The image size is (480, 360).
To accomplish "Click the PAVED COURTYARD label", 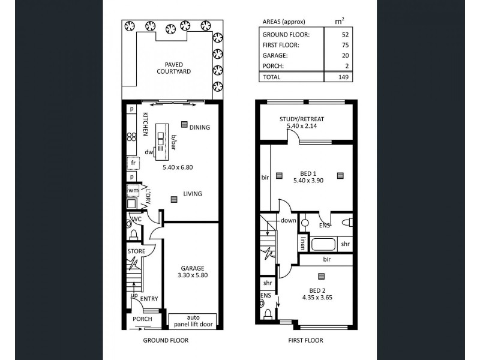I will coord(173,68).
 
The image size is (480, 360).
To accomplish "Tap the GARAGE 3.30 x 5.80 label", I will coord(193,272).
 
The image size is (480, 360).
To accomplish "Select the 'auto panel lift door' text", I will coord(193,320).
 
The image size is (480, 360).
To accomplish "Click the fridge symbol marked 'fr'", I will coord(133,163).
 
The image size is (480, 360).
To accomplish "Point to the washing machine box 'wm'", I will coord(133,191).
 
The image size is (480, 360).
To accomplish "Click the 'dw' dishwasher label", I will coord(148,152).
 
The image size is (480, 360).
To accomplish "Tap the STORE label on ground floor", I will coord(136,251).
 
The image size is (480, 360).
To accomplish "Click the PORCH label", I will coord(142,319).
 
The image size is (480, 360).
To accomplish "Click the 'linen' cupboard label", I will coord(304,243).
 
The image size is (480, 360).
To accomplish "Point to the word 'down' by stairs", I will coord(289,220).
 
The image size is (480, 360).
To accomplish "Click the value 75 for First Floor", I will coord(345,45).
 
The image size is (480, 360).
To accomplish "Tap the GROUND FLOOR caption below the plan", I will coord(166,340).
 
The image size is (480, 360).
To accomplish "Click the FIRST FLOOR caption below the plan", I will coord(305,340).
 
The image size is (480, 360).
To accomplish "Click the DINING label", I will coord(200,128).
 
